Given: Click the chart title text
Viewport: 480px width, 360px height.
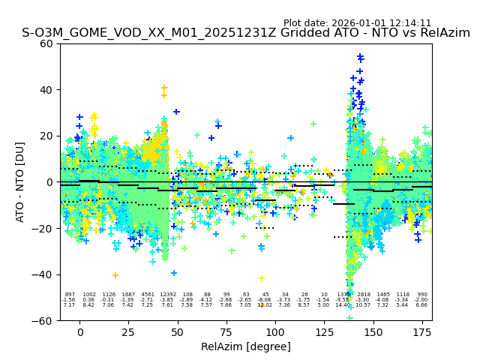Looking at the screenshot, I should (x=246, y=33).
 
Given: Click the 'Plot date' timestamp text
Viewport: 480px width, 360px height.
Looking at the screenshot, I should (x=357, y=23).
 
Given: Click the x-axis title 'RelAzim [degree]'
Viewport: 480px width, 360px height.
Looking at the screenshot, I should (x=246, y=346).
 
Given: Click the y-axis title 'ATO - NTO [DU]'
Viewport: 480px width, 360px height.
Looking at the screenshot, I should (x=20, y=181).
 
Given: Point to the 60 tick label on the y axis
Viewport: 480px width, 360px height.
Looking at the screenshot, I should (x=46, y=43).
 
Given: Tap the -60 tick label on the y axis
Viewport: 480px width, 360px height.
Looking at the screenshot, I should (x=43, y=320).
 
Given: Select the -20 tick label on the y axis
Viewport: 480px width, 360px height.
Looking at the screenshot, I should (x=43, y=228).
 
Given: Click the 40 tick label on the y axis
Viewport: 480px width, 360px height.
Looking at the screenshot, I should (x=46, y=90).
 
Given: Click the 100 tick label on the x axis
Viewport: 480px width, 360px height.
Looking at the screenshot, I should (x=275, y=331).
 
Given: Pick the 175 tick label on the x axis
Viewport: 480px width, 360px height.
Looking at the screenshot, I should (x=422, y=331).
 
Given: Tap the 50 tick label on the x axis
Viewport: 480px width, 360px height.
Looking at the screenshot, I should (x=178, y=331).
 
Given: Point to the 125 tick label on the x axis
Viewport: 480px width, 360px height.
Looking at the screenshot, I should (x=324, y=331).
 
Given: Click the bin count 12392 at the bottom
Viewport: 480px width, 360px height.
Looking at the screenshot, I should (x=167, y=295).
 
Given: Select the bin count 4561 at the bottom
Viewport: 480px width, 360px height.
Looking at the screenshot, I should (x=148, y=295).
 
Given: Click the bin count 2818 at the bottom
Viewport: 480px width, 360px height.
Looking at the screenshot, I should (x=364, y=295).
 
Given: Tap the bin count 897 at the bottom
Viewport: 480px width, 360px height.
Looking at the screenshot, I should (x=70, y=295).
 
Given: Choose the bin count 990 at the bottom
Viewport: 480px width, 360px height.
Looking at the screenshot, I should (x=422, y=295).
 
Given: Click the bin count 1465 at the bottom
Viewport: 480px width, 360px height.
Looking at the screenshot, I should (x=383, y=295).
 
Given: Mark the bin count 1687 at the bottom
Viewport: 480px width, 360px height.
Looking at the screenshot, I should (x=128, y=295).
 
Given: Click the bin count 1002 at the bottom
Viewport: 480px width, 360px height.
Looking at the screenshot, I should (x=89, y=295).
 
